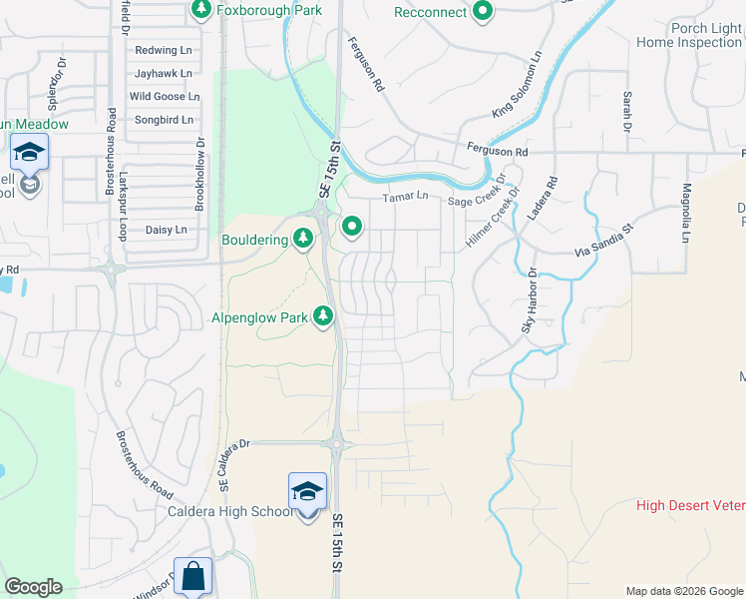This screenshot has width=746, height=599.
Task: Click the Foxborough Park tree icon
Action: pyautogui.click(x=201, y=10)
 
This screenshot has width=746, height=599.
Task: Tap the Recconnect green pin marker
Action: pyautogui.click(x=483, y=12)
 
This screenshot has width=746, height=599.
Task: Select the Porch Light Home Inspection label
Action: pyautogui.click(x=689, y=34)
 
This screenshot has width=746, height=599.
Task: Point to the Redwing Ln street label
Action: pyautogui.click(x=163, y=50)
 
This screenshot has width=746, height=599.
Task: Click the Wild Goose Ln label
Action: pyautogui.click(x=165, y=97)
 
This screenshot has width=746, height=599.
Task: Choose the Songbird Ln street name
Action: pyautogui.click(x=164, y=120)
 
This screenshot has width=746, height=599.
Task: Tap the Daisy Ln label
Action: pyautogui.click(x=167, y=230)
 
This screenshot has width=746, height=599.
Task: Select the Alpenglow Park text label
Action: pyautogui.click(x=259, y=317)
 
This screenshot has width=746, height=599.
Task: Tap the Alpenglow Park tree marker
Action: pyautogui.click(x=323, y=316)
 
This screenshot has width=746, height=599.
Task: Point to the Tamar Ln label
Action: pyautogui.click(x=405, y=197)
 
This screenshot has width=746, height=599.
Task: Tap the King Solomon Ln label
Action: pyautogui.click(x=517, y=86)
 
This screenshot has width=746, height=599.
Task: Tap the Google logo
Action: pyautogui.click(x=33, y=587)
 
